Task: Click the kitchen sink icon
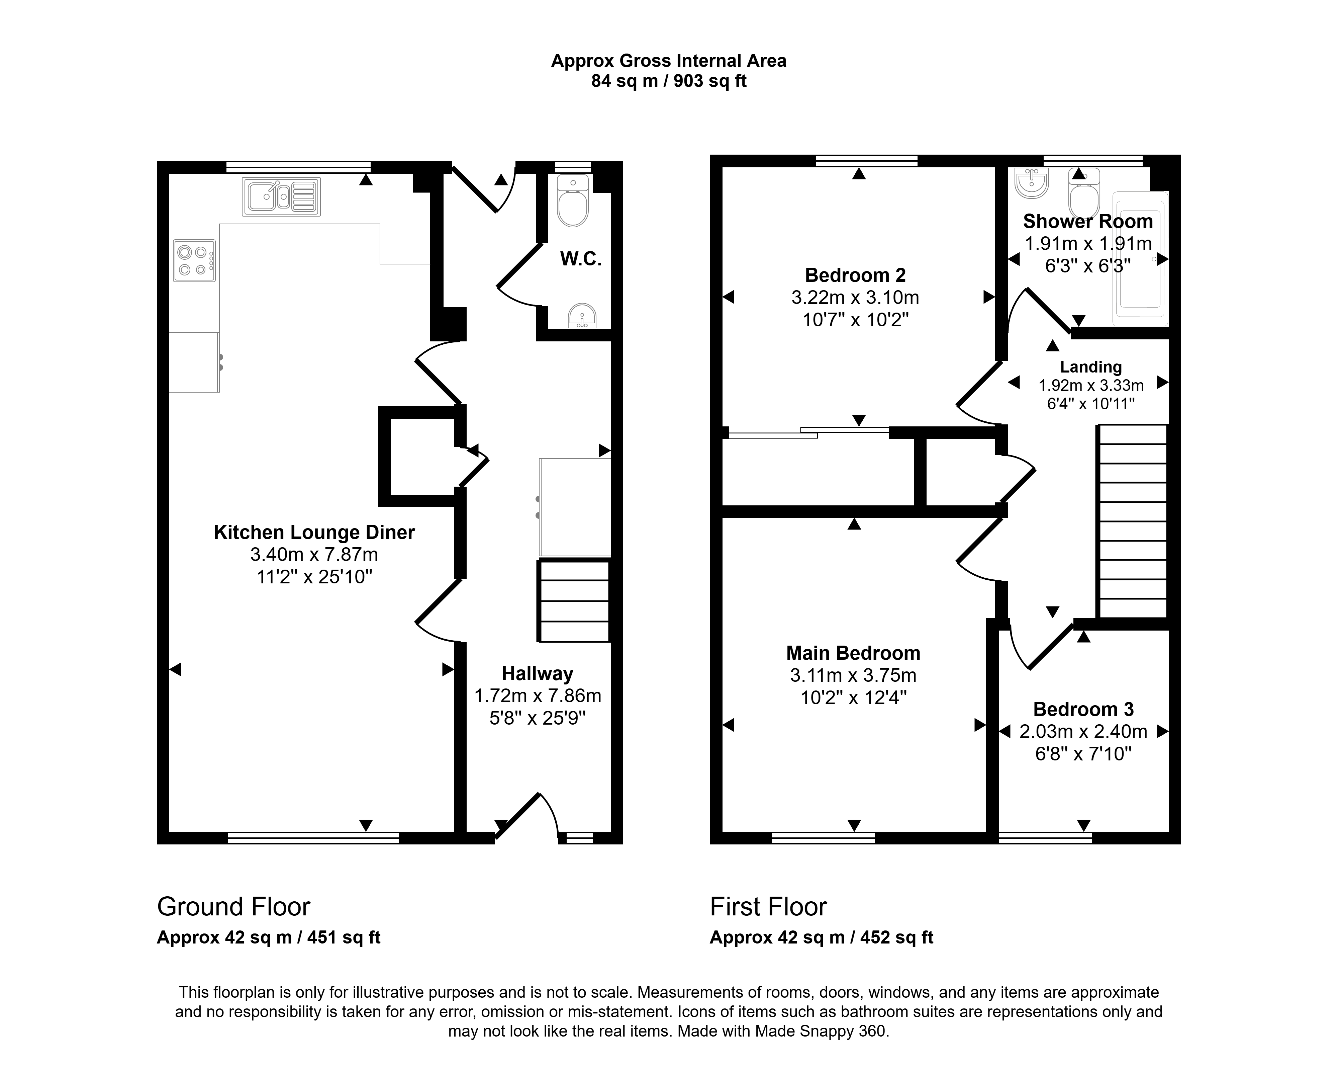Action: click(x=282, y=197)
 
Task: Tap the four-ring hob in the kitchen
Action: click(x=194, y=261)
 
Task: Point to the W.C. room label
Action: click(x=581, y=259)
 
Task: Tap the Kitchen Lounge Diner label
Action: click(x=314, y=532)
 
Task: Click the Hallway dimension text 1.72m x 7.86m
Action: click(x=538, y=696)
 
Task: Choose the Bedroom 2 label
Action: click(x=855, y=275)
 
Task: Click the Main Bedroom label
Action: click(x=853, y=653)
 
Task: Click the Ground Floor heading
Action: click(x=233, y=907)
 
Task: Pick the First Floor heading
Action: click(x=768, y=907)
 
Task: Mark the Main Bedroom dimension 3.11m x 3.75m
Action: click(x=853, y=675)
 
